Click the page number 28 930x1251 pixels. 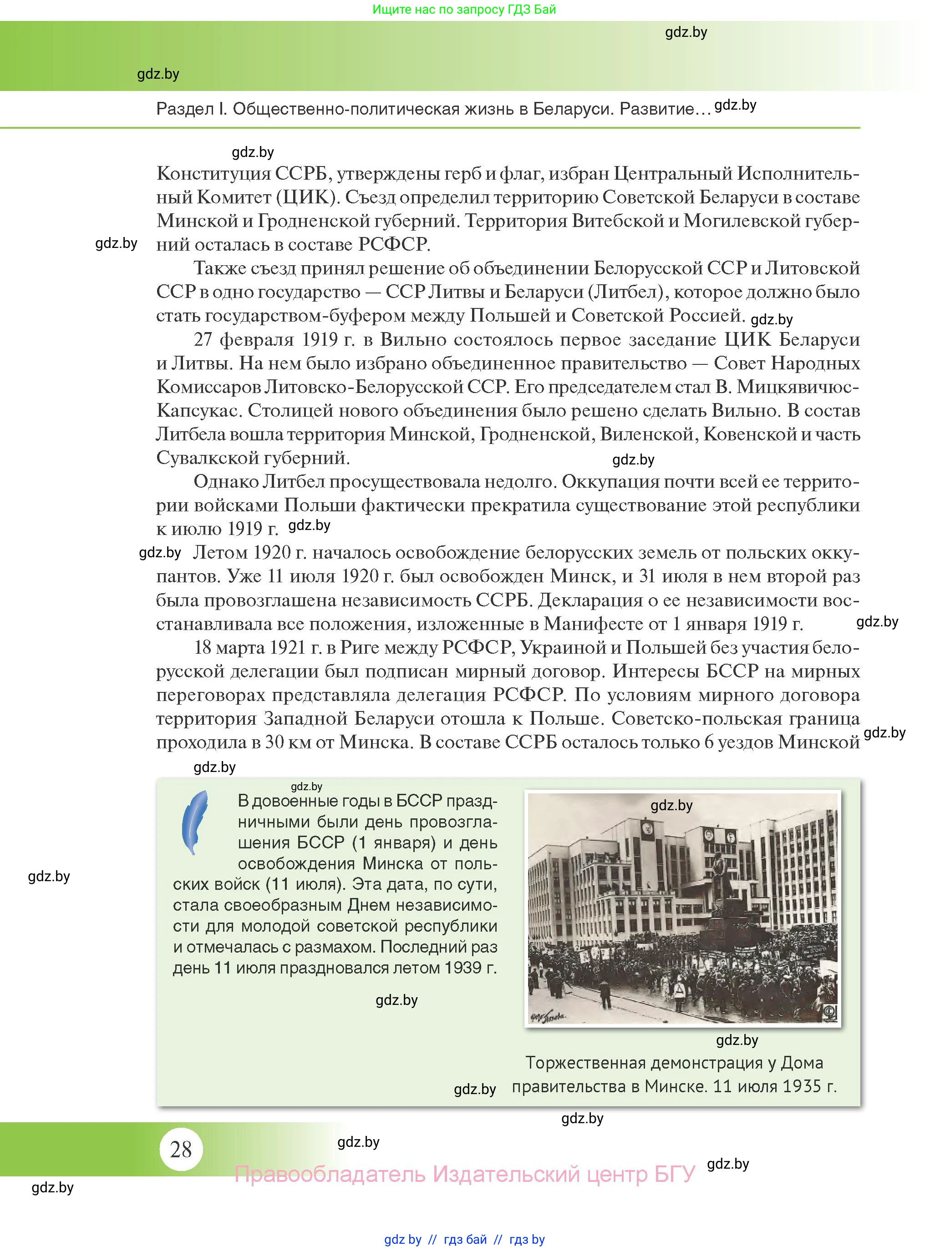point(181,1149)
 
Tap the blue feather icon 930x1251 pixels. point(195,822)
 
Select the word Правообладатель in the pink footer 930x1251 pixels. point(329,1174)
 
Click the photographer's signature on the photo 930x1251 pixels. point(548,1016)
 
